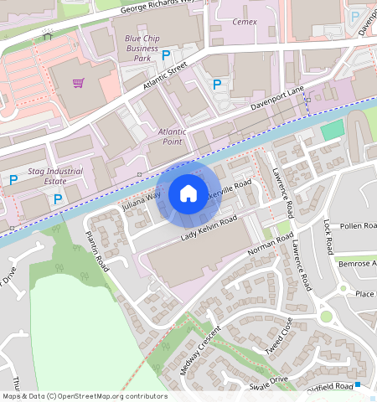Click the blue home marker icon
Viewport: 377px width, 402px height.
click(188, 193)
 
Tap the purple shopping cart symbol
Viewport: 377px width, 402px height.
click(78, 83)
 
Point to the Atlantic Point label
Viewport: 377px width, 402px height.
click(165, 137)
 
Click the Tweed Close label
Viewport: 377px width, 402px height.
click(280, 337)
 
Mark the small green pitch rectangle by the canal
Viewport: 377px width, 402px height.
click(333, 130)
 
